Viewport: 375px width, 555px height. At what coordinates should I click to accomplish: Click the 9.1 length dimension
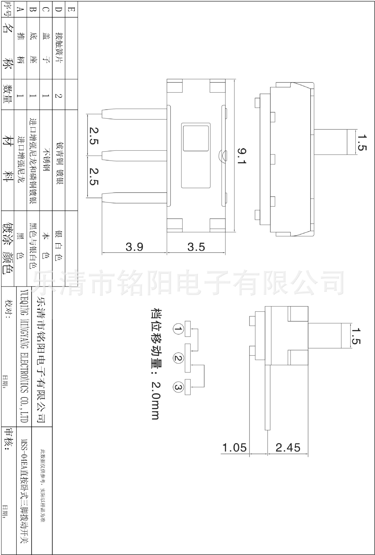click(241, 156)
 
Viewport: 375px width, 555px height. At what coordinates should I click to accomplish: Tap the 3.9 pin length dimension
click(134, 247)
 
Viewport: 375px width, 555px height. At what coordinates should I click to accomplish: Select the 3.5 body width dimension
click(196, 247)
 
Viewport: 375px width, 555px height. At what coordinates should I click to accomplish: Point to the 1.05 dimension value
click(234, 448)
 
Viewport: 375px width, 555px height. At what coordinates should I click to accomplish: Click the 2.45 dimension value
click(288, 448)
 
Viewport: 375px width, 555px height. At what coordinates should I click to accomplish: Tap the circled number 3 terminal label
click(178, 387)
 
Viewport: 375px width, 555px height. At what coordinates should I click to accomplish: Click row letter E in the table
click(71, 9)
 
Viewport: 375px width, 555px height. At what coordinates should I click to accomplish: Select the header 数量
click(8, 94)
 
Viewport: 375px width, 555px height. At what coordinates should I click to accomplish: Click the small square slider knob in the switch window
click(196, 138)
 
